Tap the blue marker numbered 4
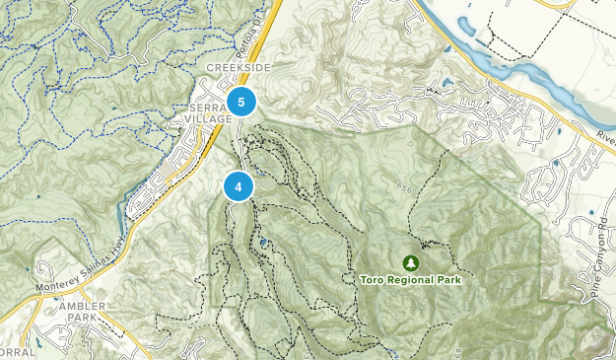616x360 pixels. pyautogui.click(x=239, y=185)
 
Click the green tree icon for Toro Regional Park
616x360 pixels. pyautogui.click(x=410, y=262)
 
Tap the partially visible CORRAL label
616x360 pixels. pyautogui.click(x=16, y=352)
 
